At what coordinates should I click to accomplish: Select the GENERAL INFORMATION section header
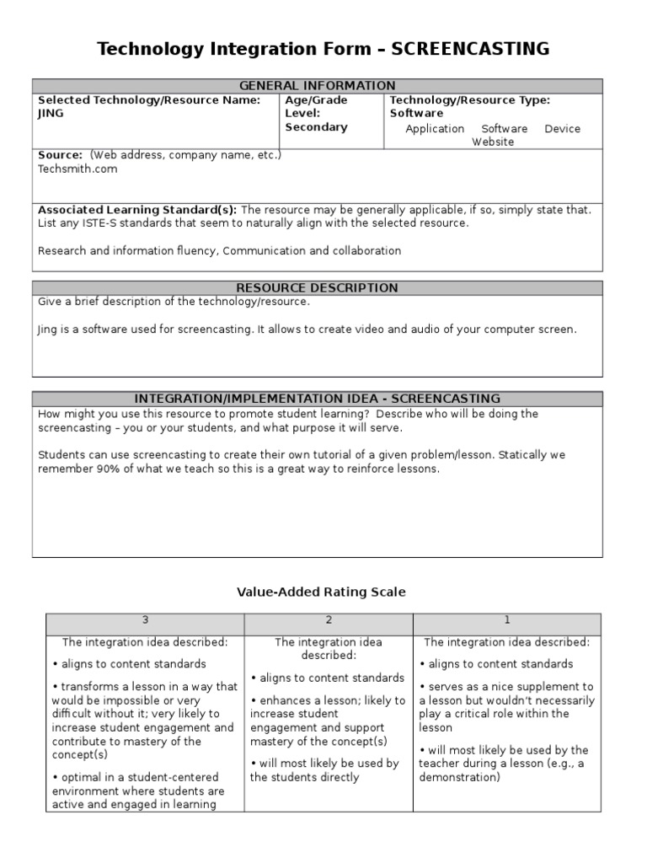click(x=318, y=86)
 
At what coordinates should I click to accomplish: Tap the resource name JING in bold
click(x=51, y=114)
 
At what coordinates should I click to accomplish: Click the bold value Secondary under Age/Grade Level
click(x=316, y=127)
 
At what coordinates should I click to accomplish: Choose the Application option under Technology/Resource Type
click(x=435, y=129)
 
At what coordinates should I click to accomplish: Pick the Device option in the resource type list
click(x=562, y=129)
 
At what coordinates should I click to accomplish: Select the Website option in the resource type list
click(x=492, y=142)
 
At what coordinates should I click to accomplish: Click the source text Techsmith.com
click(x=78, y=169)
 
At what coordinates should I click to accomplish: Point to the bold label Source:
click(x=60, y=155)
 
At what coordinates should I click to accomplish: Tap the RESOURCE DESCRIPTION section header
click(x=318, y=288)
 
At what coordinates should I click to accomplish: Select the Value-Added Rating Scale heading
click(x=321, y=592)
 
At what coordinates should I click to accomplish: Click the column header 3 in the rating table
click(x=145, y=620)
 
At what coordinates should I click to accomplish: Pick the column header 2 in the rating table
click(x=329, y=620)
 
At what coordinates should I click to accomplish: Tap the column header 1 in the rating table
click(x=507, y=620)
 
